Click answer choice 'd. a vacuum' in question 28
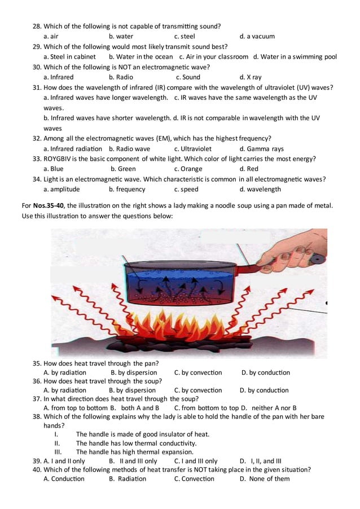pyautogui.click(x=257, y=36)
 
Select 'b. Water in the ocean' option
pyautogui.click(x=141, y=56)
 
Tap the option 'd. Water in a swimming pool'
pyautogui.click(x=295, y=56)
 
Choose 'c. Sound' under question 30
pyautogui.click(x=187, y=77)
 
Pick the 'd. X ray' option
pyautogui.click(x=250, y=77)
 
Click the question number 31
pyautogui.click(x=37, y=87)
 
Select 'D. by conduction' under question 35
pyautogui.click(x=265, y=372)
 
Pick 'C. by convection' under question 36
pyautogui.click(x=197, y=390)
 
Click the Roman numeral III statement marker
pyautogui.click(x=58, y=451)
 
